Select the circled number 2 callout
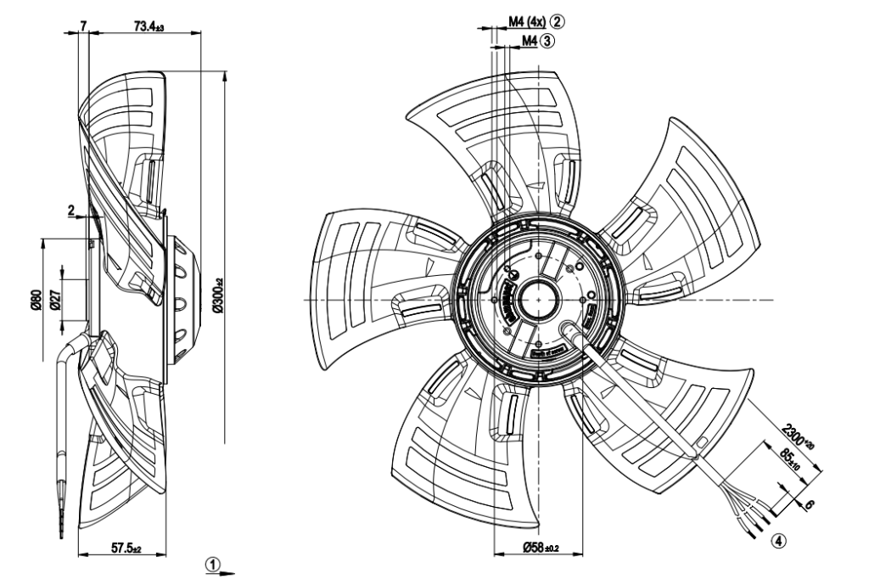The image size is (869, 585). coord(557,19)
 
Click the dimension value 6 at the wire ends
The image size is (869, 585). coord(808,503)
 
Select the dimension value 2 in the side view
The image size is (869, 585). coord(71,209)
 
